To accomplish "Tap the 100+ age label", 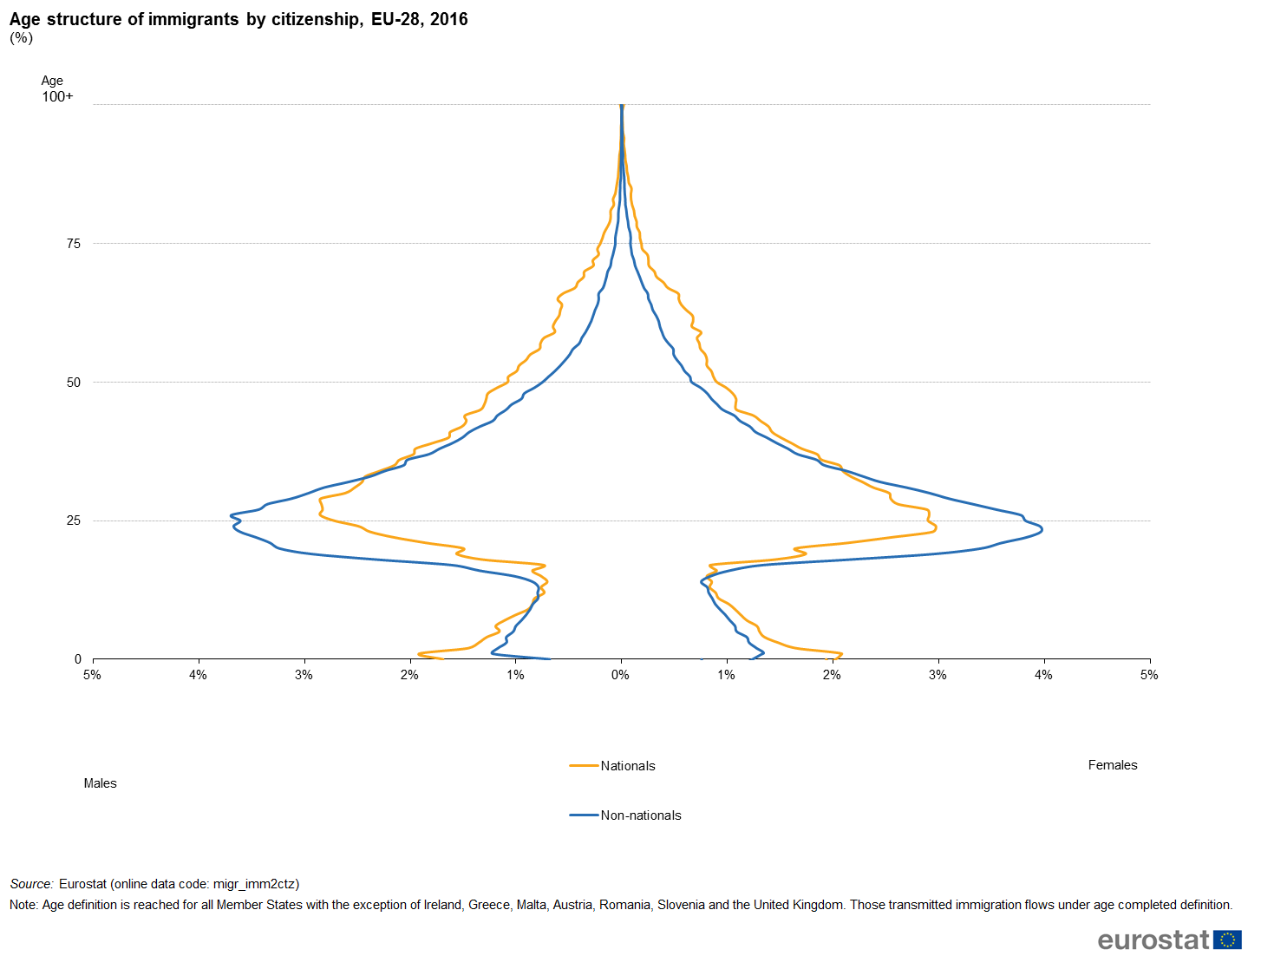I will (57, 96).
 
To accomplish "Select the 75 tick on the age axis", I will (73, 244).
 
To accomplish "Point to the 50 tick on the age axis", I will (73, 383).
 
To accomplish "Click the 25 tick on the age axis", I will (73, 521).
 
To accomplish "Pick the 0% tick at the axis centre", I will (620, 675).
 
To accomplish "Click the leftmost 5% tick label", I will (92, 675).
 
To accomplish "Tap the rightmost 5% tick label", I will (1149, 675).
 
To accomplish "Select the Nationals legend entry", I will (627, 766).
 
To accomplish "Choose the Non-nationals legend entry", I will (640, 815).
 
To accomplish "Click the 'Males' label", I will (100, 783).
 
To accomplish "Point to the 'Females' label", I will (1113, 765).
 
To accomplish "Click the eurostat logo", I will (1169, 940).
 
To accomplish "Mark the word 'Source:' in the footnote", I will (32, 884).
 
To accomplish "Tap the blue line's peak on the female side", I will (1041, 528).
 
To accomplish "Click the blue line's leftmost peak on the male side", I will (232, 516).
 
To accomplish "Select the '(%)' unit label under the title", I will (21, 37).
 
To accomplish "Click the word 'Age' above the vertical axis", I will (52, 81).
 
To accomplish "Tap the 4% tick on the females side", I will (1043, 675).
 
